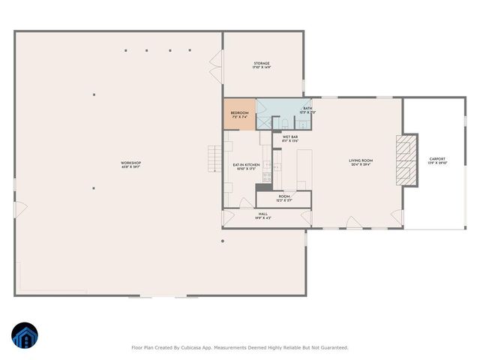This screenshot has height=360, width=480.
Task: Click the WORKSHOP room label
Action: tap(131, 163)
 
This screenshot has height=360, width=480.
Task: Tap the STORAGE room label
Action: tap(261, 64)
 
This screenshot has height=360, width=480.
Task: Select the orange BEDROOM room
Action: tap(239, 114)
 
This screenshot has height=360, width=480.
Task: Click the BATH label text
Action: tap(307, 109)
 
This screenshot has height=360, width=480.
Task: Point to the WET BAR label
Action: tap(290, 138)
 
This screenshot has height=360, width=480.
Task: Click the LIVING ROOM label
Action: tap(361, 161)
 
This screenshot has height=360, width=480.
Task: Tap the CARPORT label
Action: tap(437, 160)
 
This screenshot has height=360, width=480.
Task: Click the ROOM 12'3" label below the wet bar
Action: tap(284, 198)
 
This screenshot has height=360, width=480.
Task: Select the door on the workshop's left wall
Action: tap(19, 205)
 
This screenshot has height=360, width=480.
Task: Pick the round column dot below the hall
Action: tap(223, 241)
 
